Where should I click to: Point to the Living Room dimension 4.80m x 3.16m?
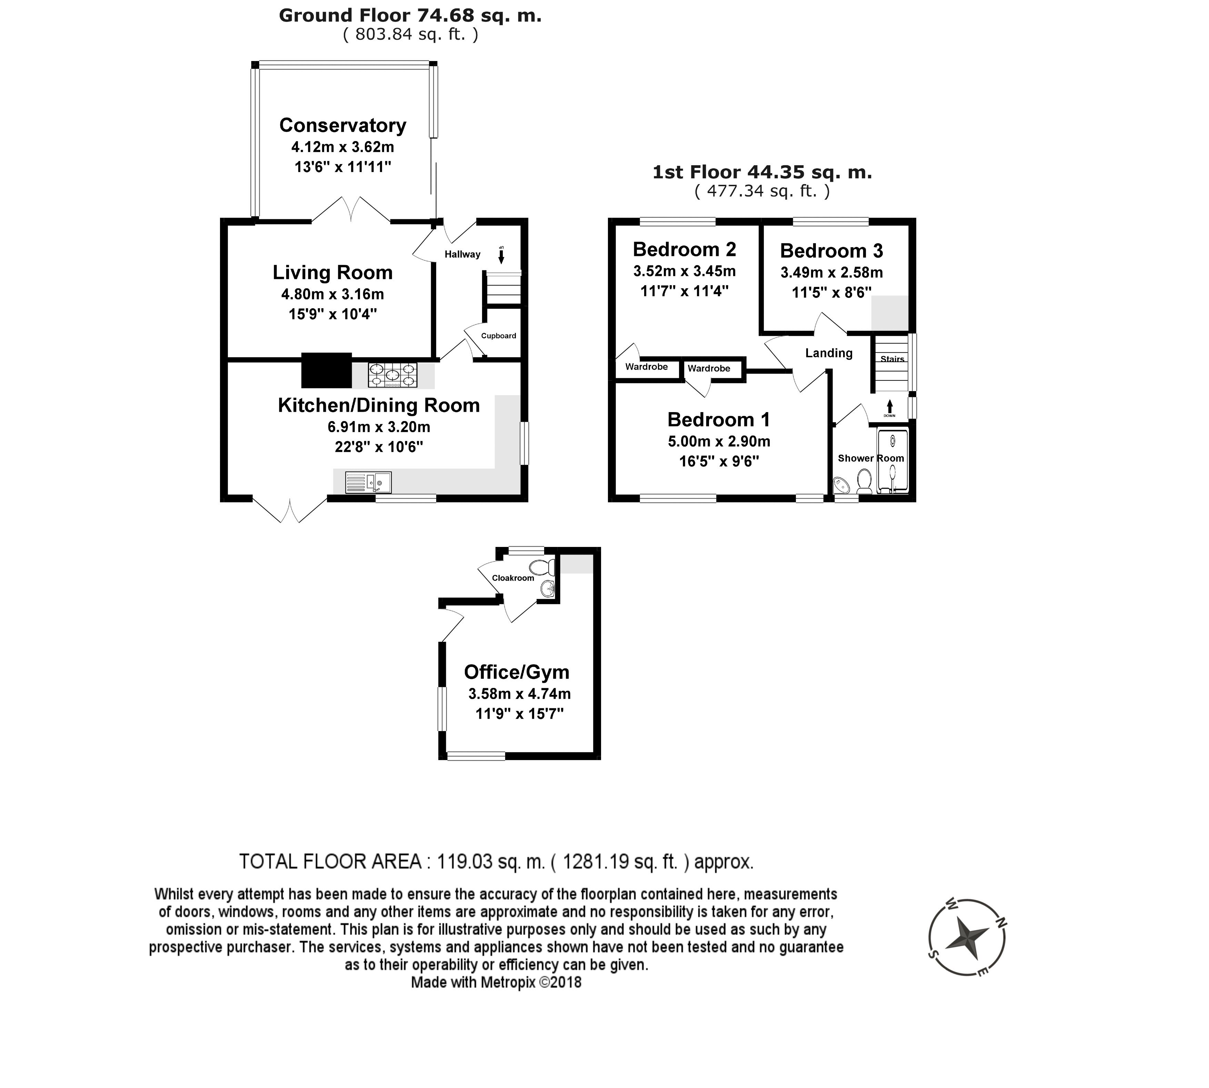point(333,294)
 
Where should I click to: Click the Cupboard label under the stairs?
point(498,336)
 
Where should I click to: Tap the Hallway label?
point(462,254)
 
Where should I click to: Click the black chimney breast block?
point(326,371)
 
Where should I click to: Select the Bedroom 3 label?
point(831,250)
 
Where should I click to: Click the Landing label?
point(829,353)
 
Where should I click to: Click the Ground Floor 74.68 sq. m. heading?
point(410,16)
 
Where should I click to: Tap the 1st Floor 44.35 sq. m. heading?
point(762,172)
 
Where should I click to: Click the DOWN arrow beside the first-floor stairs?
point(890,407)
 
